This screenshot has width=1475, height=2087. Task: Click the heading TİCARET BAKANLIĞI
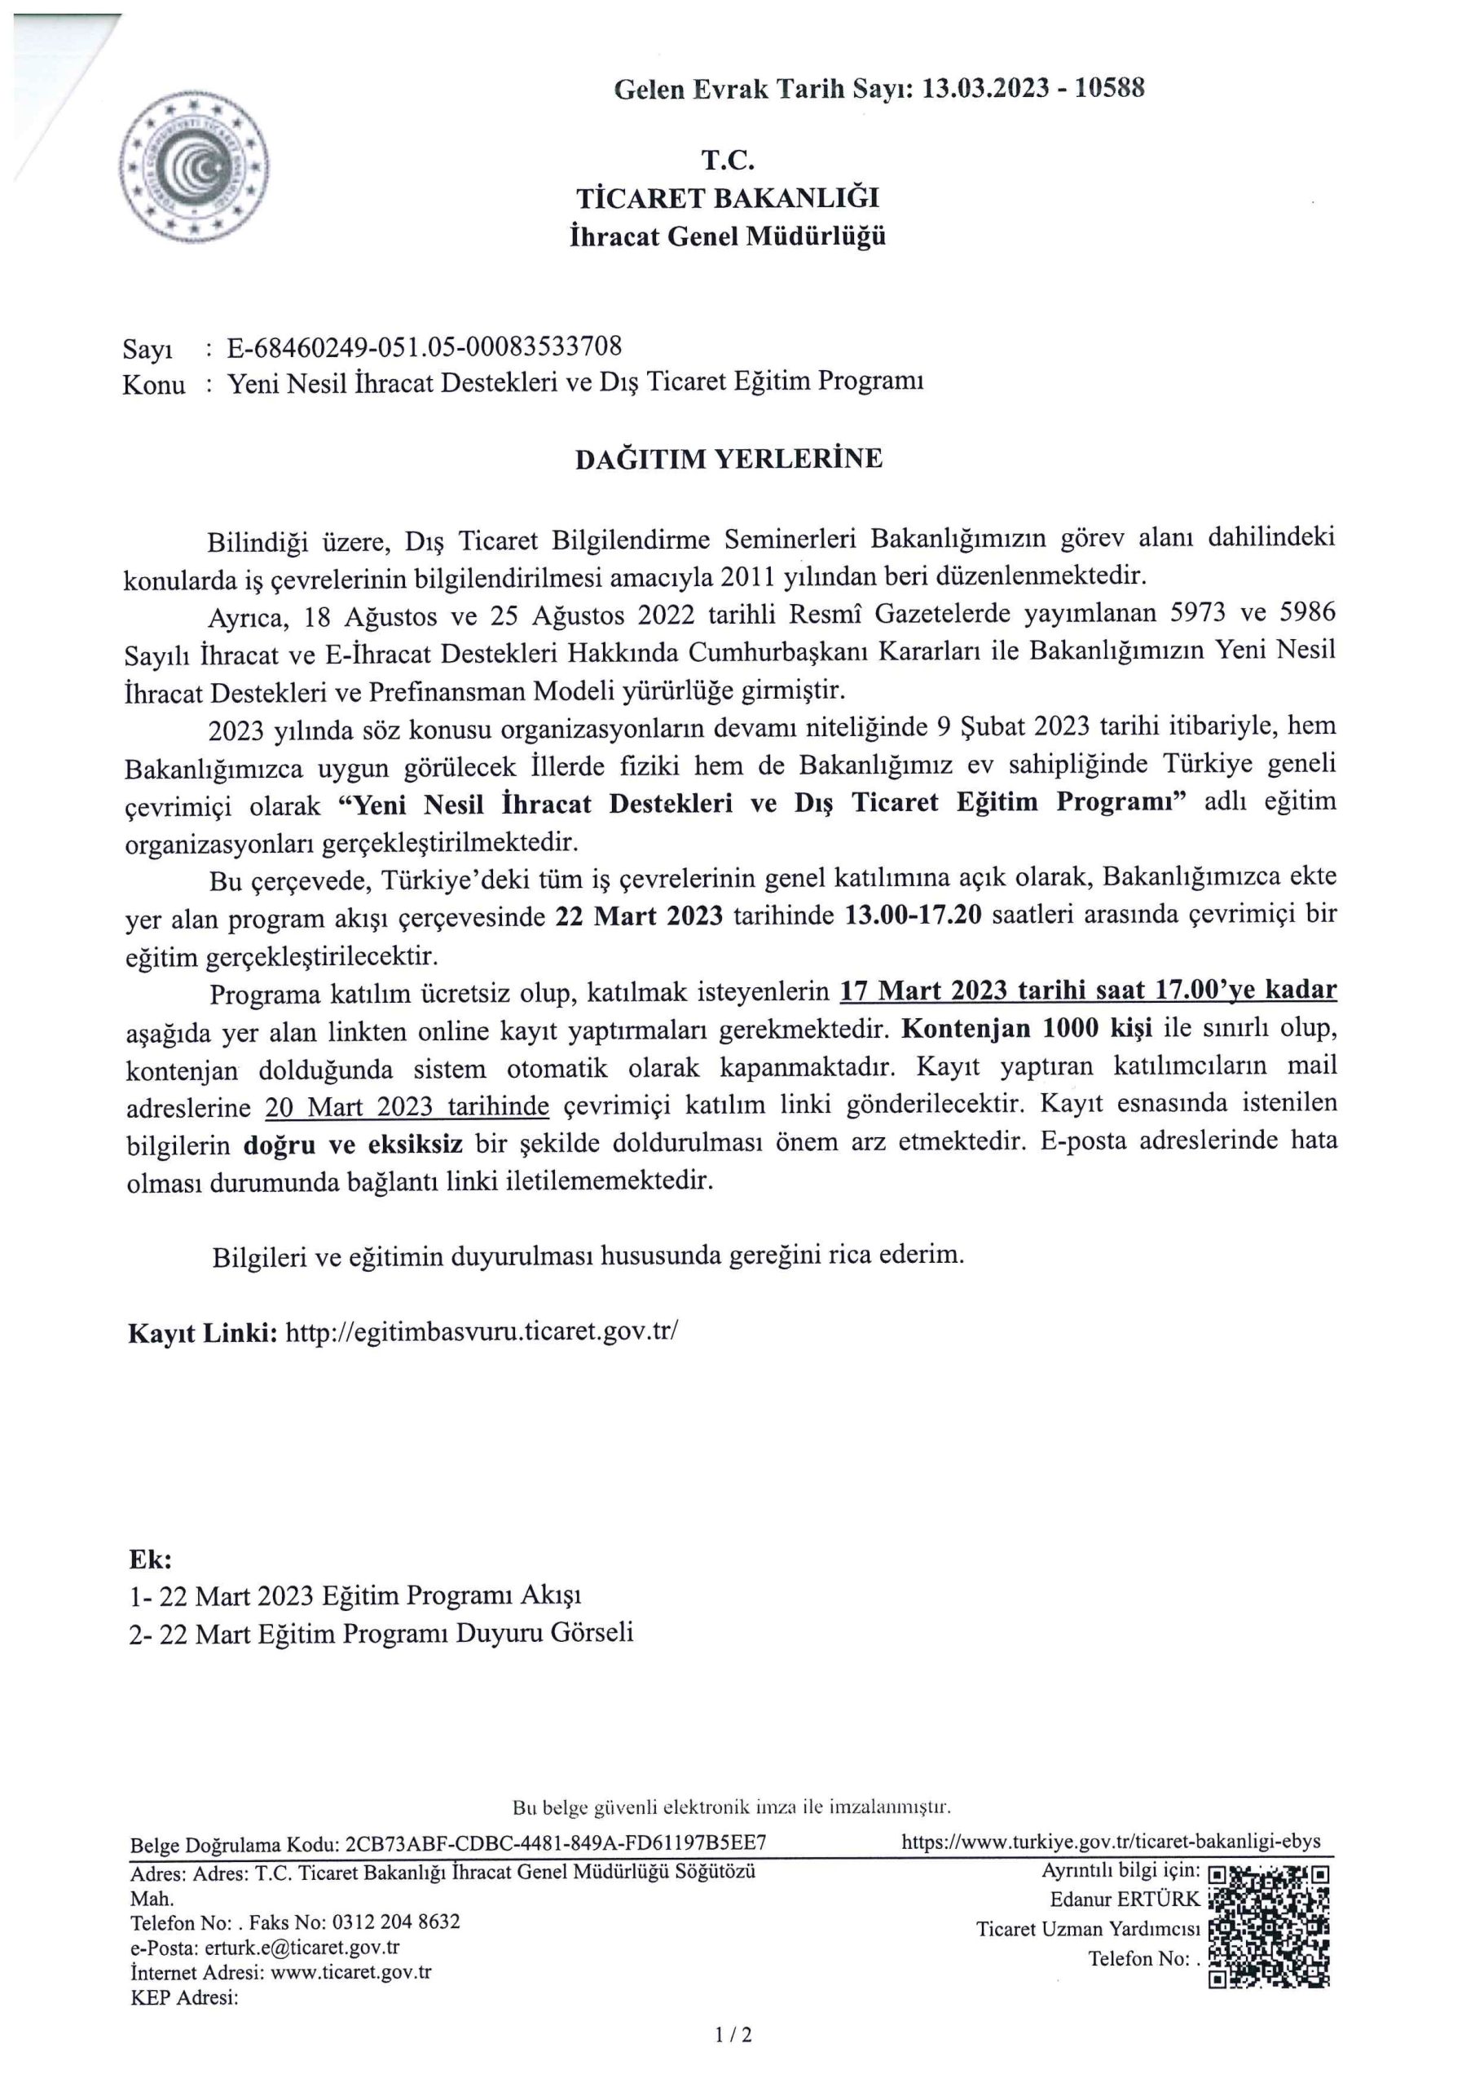(x=727, y=198)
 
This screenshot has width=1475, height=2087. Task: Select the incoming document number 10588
(x=1109, y=88)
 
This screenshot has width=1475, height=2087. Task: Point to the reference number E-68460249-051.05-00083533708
(x=425, y=346)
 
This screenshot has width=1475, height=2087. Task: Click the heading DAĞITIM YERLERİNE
(x=728, y=459)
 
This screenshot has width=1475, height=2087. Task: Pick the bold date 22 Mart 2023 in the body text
(x=639, y=916)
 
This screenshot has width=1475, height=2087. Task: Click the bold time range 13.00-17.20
(x=914, y=916)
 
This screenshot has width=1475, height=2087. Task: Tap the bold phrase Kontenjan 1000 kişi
(x=1027, y=1029)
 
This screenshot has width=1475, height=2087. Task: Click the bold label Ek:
(x=150, y=1560)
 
